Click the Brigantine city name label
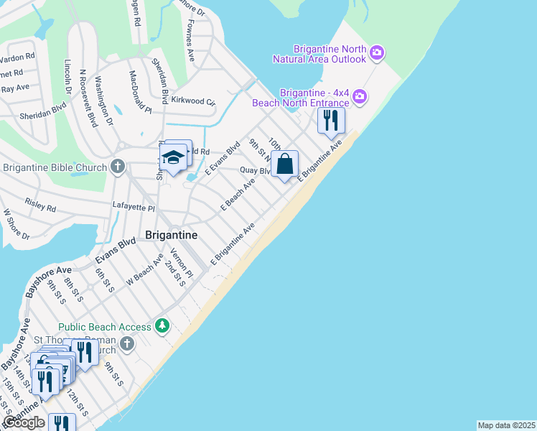[x=172, y=234]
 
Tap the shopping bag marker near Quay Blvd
[x=285, y=164]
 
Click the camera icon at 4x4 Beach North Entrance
[x=360, y=96]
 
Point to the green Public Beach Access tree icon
[x=163, y=327]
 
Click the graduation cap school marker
[x=172, y=158]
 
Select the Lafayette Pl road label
[x=134, y=207]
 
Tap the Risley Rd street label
[x=40, y=207]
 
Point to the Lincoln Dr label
[x=67, y=77]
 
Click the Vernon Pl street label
[x=182, y=264]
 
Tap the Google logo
[x=23, y=422]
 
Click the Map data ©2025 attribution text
[x=506, y=425]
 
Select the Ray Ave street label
[x=15, y=88]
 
